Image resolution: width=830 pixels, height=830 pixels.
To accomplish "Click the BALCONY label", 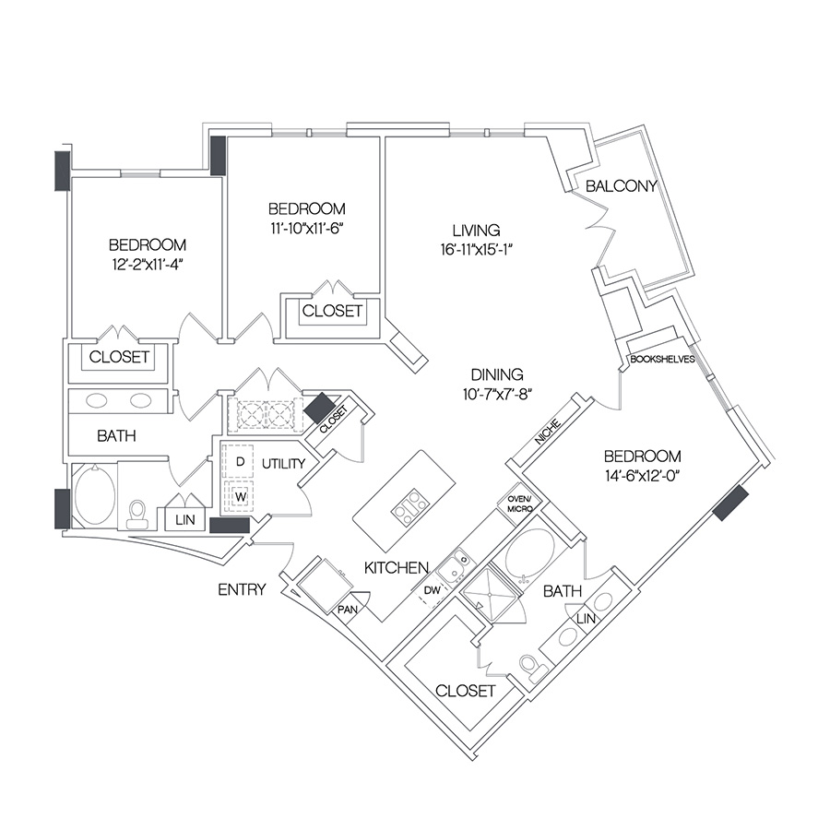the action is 621,185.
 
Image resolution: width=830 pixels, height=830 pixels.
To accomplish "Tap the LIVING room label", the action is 477,231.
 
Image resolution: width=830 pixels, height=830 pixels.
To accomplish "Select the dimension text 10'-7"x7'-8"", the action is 497,395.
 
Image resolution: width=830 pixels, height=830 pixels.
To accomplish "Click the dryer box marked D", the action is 240,462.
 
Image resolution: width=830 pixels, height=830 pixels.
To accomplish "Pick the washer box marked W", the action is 241,496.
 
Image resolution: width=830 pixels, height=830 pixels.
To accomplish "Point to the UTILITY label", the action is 284,464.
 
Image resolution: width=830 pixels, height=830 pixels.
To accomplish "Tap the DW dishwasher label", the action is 432,589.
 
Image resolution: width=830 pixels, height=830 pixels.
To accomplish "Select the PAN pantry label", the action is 348,610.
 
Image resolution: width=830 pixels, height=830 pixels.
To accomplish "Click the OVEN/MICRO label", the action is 519,504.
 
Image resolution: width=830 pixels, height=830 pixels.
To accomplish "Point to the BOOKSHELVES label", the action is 662,360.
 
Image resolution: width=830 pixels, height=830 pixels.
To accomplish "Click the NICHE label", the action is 547,432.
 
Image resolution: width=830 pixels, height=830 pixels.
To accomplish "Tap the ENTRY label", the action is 242,589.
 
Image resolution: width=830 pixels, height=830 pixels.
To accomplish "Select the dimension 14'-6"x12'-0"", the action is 642,475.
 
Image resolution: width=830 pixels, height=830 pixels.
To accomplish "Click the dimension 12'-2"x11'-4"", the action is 147,264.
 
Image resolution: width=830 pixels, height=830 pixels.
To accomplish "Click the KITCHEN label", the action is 397,568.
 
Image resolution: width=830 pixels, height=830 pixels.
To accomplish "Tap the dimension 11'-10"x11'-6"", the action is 307,228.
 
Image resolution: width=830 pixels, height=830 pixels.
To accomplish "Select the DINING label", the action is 497,374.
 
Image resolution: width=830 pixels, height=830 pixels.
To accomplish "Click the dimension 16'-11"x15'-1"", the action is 478,249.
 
